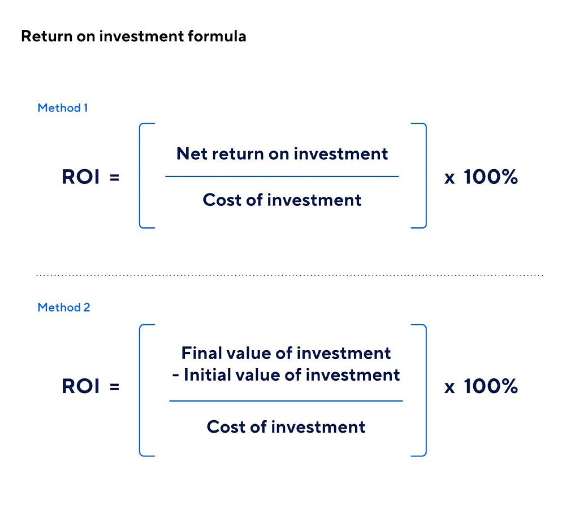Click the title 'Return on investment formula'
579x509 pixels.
pyautogui.click(x=133, y=36)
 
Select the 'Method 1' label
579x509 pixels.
pyautogui.click(x=63, y=108)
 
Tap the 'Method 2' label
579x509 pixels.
pyautogui.click(x=64, y=307)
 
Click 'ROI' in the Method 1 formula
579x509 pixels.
pyautogui.click(x=80, y=176)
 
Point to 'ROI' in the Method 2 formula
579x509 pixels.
pyautogui.click(x=80, y=386)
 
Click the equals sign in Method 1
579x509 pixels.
pyautogui.click(x=114, y=178)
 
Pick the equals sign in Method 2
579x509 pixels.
pyautogui.click(x=114, y=387)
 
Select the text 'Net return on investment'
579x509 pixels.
pyautogui.click(x=282, y=154)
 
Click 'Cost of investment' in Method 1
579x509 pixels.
pyautogui.click(x=282, y=200)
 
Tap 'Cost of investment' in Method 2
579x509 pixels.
pyautogui.click(x=286, y=426)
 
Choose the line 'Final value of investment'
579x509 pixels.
pyautogui.click(x=286, y=353)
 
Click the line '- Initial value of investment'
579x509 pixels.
pyautogui.click(x=286, y=374)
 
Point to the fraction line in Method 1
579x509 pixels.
pyautogui.click(x=282, y=176)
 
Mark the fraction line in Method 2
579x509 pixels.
pyautogui.click(x=286, y=401)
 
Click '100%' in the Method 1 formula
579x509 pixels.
pyautogui.click(x=490, y=176)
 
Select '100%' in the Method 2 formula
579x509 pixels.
pyautogui.click(x=490, y=386)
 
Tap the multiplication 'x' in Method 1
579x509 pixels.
pyautogui.click(x=450, y=178)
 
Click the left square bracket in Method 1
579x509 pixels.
pyautogui.click(x=140, y=176)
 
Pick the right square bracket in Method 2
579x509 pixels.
pyautogui.click(x=426, y=390)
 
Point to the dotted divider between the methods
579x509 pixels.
pyautogui.click(x=289, y=275)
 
